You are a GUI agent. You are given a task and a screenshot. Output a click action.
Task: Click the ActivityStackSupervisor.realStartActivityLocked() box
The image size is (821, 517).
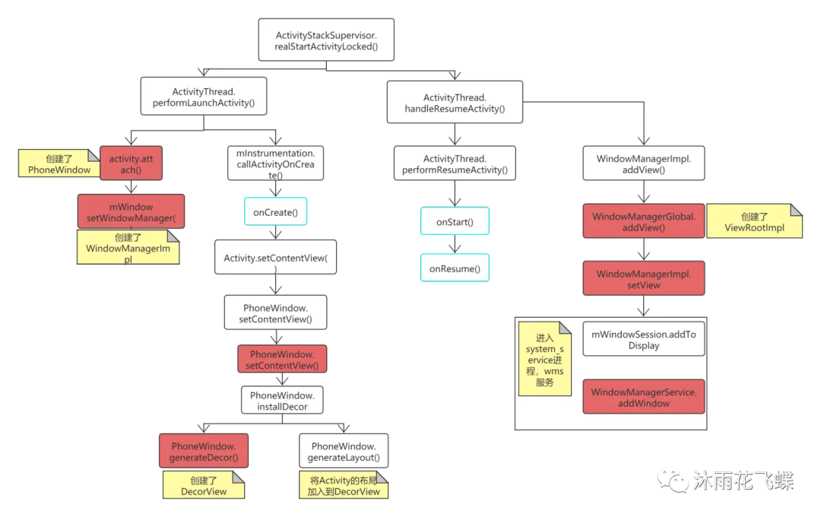coord(326,40)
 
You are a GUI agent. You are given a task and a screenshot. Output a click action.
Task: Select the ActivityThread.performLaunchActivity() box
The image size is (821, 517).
coord(203,97)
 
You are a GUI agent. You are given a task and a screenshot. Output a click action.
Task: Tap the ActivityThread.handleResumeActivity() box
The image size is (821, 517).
coord(455,103)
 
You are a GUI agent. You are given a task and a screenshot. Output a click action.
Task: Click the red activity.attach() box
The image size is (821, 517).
coord(131,163)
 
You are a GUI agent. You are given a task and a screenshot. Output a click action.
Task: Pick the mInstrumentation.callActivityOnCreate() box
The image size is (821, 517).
coord(275,163)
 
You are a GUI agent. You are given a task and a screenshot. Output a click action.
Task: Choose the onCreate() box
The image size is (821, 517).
coord(274,212)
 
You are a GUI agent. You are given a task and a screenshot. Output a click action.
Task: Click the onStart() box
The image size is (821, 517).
coord(455,222)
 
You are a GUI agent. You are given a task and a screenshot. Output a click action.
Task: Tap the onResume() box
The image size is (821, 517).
coord(455,268)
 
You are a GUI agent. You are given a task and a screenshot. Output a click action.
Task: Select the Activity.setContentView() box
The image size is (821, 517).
coord(275,258)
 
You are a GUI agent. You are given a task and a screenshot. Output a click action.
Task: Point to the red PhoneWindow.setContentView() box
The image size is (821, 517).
coord(282,360)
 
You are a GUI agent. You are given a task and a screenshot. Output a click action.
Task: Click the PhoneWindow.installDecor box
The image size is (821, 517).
coord(282,401)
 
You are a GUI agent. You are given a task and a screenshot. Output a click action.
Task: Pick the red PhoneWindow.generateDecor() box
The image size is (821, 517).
coord(204,452)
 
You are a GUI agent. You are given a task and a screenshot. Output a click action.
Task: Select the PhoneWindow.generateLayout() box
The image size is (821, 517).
coord(344,452)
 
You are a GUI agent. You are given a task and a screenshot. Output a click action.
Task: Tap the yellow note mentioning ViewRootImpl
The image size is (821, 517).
coord(754,222)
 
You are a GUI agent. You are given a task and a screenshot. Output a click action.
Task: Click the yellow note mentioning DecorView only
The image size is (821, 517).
coord(204,486)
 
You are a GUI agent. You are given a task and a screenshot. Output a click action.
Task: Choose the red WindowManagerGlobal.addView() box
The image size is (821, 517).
coord(644,222)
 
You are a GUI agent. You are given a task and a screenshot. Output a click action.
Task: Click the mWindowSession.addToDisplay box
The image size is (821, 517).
coord(644,339)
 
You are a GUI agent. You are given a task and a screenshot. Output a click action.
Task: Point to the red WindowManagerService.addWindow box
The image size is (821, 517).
coord(644,397)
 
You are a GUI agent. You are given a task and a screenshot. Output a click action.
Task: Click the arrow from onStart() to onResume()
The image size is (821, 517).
coord(455,244)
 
